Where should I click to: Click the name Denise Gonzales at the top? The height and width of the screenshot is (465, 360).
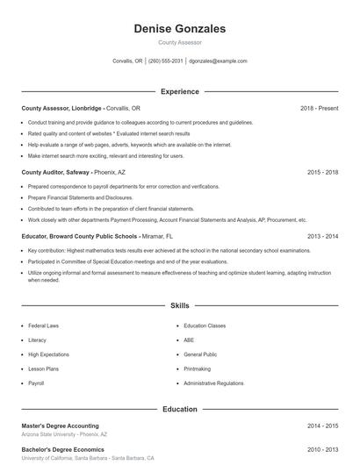pos(179,29)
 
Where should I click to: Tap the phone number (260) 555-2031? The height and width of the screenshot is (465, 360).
pos(166,61)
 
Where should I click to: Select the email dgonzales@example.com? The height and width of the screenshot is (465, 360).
pos(218,61)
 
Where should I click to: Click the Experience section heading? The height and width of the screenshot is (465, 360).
pos(179,91)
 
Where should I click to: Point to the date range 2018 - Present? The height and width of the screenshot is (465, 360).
pos(319,108)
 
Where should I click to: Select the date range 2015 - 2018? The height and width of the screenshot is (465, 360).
pos(322,173)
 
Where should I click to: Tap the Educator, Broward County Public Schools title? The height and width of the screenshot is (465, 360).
pos(80,237)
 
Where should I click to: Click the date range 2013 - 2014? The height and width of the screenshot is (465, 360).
pos(322,237)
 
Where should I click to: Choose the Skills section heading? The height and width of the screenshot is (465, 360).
pos(179,306)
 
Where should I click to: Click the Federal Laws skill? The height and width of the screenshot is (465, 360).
pos(43,325)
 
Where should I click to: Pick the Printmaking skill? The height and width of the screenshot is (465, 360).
pos(197,369)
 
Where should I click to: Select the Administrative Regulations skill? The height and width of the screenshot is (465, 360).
pos(213,383)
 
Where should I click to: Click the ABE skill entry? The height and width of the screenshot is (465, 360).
pos(189,340)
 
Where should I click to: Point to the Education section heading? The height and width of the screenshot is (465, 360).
pos(179,409)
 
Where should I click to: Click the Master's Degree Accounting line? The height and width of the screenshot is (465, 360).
pos(61,426)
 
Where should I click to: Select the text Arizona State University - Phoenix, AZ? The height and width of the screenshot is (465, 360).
pos(64,434)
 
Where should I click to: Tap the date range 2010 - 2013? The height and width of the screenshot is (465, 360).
pos(322,449)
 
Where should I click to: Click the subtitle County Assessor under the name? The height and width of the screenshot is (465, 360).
pos(179,42)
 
